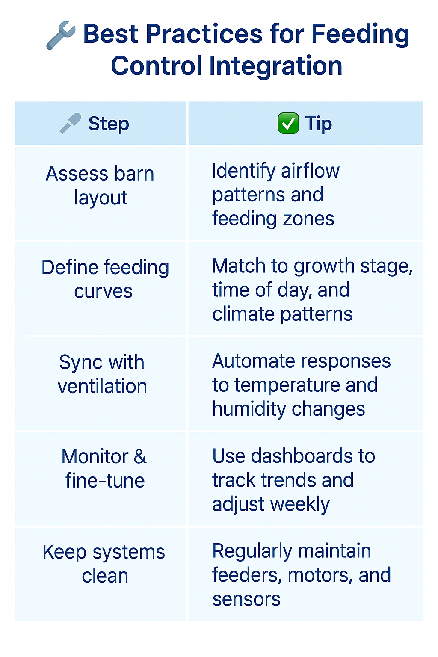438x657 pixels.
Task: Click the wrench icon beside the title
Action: (61, 35)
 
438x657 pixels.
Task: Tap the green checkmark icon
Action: (288, 123)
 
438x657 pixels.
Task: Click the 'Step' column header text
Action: (109, 124)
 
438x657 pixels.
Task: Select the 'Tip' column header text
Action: (318, 124)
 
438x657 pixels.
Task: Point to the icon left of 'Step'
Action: (70, 124)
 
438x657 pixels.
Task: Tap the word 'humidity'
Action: (249, 409)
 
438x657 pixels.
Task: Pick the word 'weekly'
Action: (300, 504)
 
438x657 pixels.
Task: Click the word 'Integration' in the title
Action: (275, 66)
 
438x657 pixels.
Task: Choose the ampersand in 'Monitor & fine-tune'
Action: (140, 456)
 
